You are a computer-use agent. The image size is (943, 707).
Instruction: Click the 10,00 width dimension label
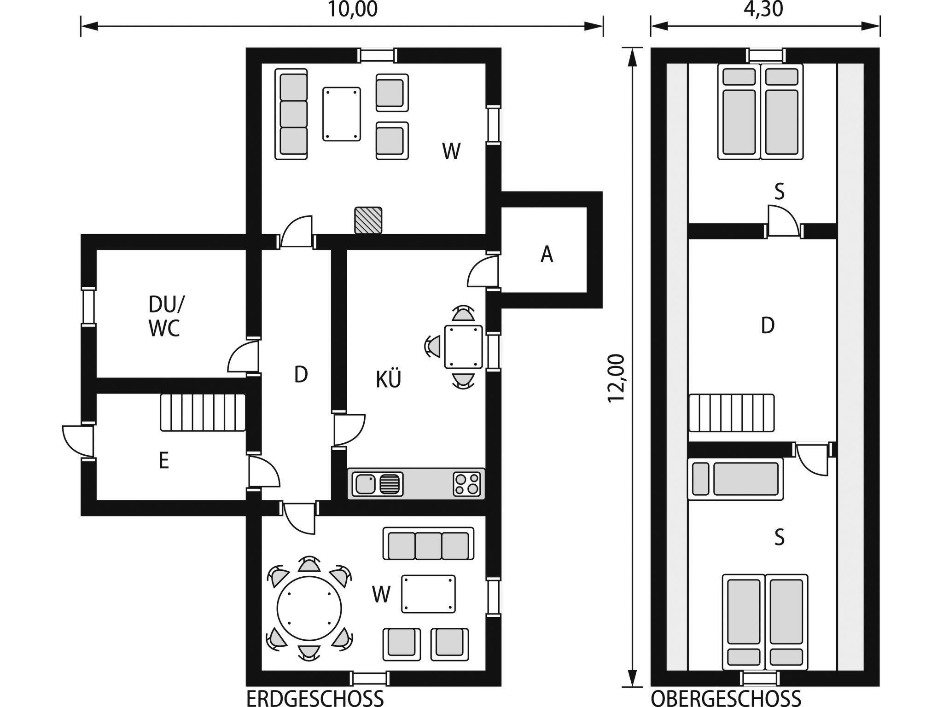(352, 9)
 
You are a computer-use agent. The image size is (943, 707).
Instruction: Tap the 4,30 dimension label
(763, 9)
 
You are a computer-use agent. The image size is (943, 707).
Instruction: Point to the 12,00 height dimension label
(616, 378)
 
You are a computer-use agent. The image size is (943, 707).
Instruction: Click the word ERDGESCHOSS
(315, 698)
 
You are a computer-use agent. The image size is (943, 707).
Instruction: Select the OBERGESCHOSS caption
(726, 698)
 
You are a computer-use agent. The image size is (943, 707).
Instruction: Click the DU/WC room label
(165, 316)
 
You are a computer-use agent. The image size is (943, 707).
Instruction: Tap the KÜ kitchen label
(389, 379)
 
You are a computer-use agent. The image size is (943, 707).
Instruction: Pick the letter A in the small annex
(547, 254)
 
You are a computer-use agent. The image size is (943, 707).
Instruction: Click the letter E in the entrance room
(164, 461)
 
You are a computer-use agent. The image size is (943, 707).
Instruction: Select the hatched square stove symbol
(368, 220)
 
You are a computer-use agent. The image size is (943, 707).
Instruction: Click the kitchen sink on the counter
(378, 484)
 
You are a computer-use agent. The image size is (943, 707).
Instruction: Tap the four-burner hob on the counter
(467, 484)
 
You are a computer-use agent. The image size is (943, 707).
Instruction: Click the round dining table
(309, 608)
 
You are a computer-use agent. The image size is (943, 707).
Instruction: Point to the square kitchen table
(464, 347)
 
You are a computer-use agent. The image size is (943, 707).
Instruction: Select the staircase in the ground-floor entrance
(203, 412)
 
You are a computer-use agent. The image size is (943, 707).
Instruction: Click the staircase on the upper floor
(731, 413)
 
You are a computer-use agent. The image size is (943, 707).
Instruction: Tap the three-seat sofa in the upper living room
(291, 114)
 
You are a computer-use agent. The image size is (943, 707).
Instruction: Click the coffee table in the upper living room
(342, 114)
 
